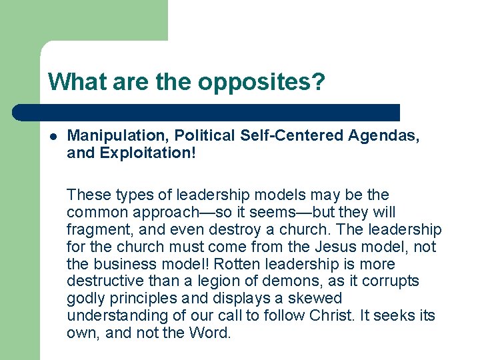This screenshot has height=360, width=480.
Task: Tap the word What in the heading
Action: pyautogui.click(x=75, y=82)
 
